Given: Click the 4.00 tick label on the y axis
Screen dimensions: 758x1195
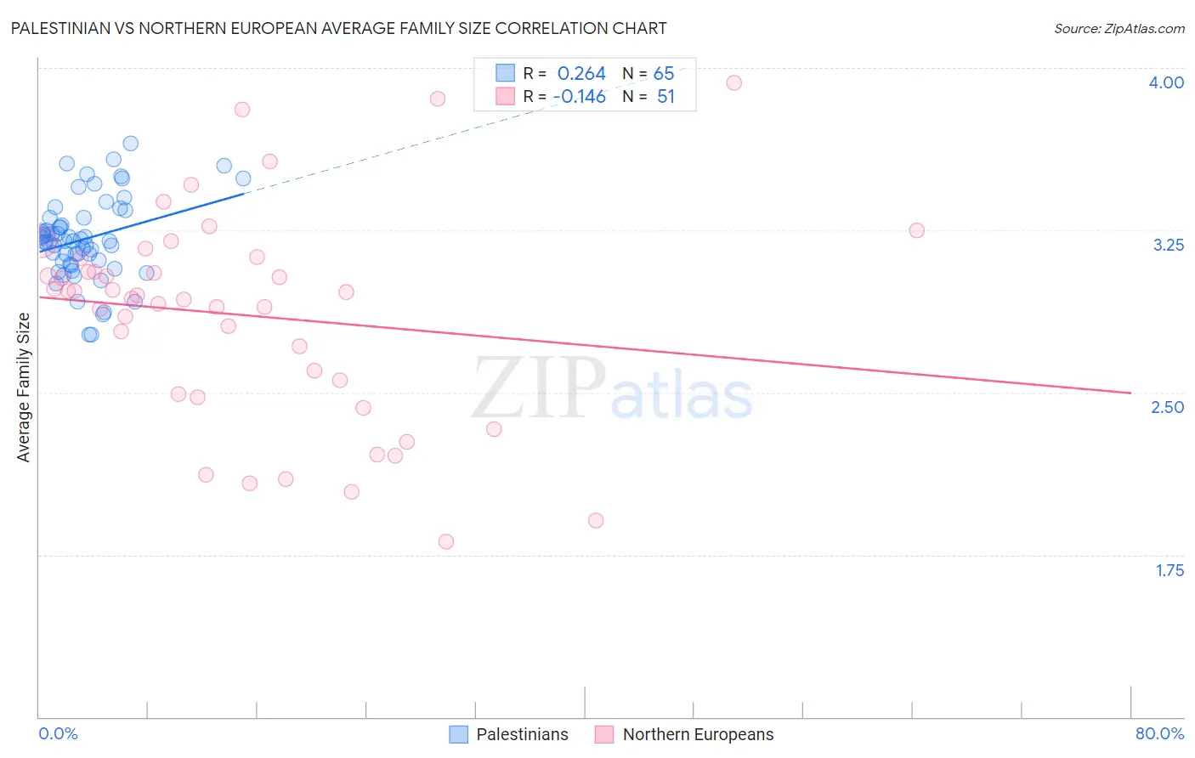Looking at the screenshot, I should pos(1166,82).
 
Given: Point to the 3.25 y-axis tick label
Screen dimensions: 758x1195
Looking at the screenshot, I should pos(1168,245).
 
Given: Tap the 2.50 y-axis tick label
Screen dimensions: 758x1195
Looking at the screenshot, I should pos(1167,407).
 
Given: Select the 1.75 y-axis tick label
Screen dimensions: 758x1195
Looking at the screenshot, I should pos(1170,570).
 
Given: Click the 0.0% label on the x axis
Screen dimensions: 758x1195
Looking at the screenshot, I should pos(58,733).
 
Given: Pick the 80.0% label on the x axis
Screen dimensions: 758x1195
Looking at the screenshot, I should pos(1159,733).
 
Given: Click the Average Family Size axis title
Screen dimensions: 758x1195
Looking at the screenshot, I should pos(24,387).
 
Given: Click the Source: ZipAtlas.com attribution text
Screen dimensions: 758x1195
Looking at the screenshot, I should pos(1119,29).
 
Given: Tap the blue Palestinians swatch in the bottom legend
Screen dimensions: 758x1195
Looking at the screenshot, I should pos(459,734).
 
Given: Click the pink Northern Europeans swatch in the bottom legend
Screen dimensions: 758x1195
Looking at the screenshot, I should pos(604,734).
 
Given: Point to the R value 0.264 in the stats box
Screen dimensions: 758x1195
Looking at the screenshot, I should pos(581,74).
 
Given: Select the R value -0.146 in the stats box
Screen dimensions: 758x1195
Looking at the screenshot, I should pos(579,97).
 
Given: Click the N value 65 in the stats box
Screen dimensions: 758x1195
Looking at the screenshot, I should pos(664,74).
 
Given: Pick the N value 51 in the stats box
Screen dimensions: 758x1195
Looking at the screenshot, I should pos(665,97).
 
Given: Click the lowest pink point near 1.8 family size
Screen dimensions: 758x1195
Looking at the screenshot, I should pos(446,541).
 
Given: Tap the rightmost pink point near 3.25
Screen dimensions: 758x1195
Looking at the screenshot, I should pos(916,230).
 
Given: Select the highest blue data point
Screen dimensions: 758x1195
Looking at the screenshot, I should pos(130,144).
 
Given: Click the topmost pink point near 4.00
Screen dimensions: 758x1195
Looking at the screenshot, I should pos(733,82).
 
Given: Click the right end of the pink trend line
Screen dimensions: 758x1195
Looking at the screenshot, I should pos(1130,393).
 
